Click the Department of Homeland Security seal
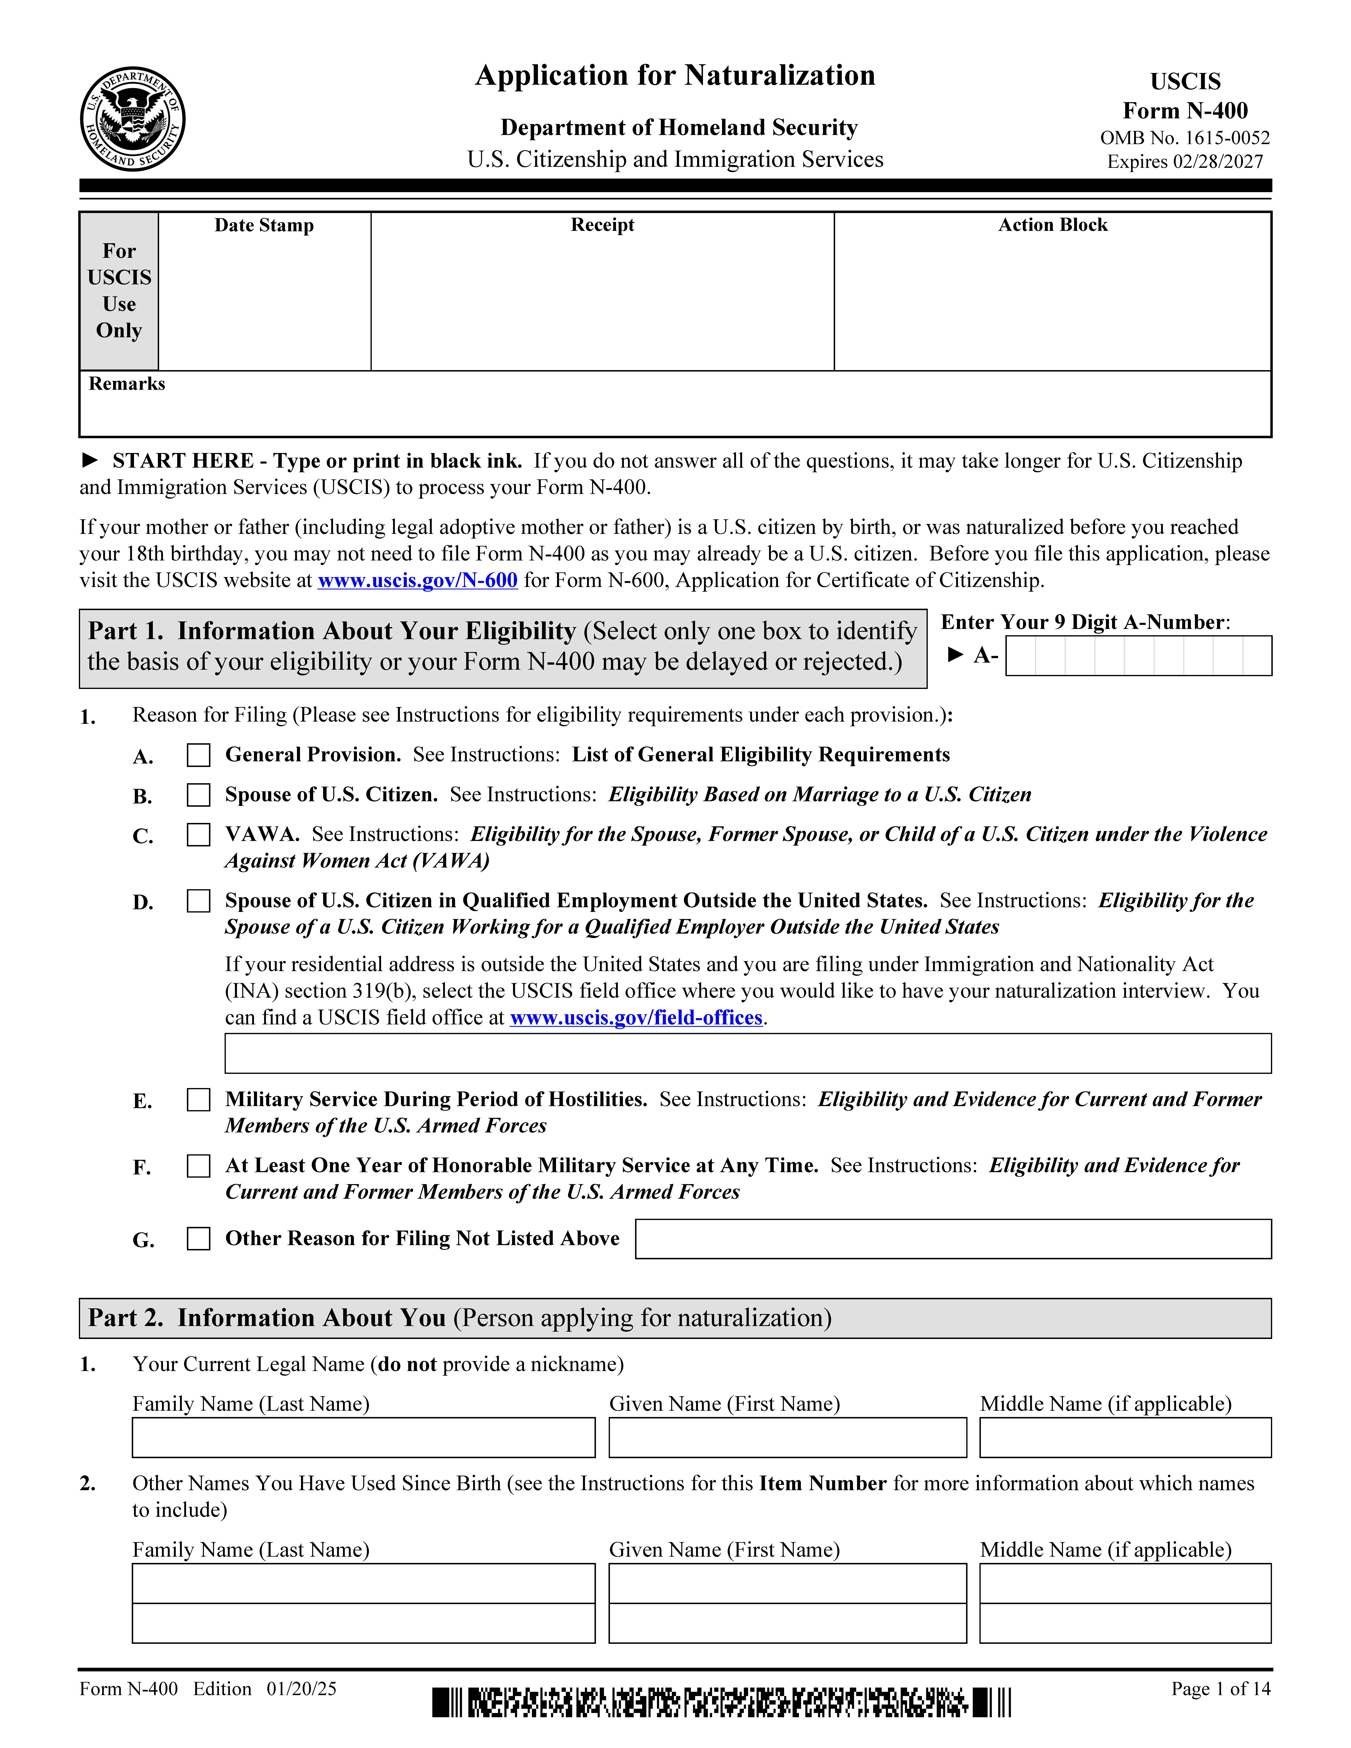[133, 118]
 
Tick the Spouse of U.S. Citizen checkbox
[198, 795]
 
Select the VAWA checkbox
[198, 835]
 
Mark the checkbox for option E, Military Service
[198, 1100]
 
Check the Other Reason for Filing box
[198, 1239]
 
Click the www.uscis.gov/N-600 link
[418, 580]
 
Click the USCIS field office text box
[748, 1053]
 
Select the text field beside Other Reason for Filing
[952, 1239]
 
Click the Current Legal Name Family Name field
[363, 1437]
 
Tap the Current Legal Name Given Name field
[787, 1437]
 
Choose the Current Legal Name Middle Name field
[1125, 1437]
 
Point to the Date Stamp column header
[264, 226]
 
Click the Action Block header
[1052, 226]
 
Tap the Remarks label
[126, 384]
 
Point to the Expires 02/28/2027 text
[1185, 162]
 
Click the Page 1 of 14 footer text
[1220, 1689]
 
